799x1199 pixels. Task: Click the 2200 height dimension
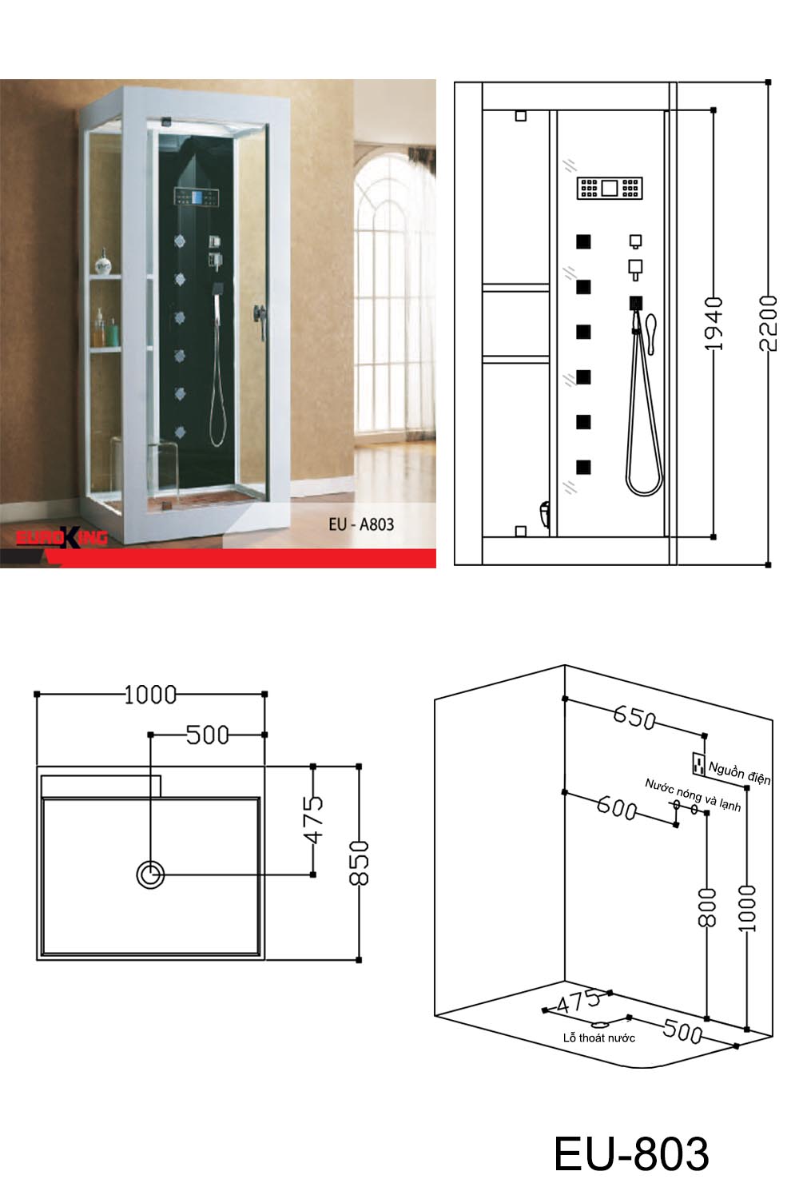[769, 323]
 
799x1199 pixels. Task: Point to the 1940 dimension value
[714, 323]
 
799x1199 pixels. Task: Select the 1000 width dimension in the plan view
[150, 695]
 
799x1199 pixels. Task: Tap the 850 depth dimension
[359, 862]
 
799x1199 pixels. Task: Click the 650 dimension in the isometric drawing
[634, 717]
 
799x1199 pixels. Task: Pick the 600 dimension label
[617, 807]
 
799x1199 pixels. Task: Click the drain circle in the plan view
[150, 874]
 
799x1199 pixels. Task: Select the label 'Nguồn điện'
[740, 773]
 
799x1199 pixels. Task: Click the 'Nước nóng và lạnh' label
[693, 795]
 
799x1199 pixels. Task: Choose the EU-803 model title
[631, 1154]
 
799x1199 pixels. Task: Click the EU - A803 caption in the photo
[361, 524]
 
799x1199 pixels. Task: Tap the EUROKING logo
[62, 537]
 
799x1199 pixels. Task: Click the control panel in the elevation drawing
[610, 188]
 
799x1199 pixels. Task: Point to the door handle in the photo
[260, 321]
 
